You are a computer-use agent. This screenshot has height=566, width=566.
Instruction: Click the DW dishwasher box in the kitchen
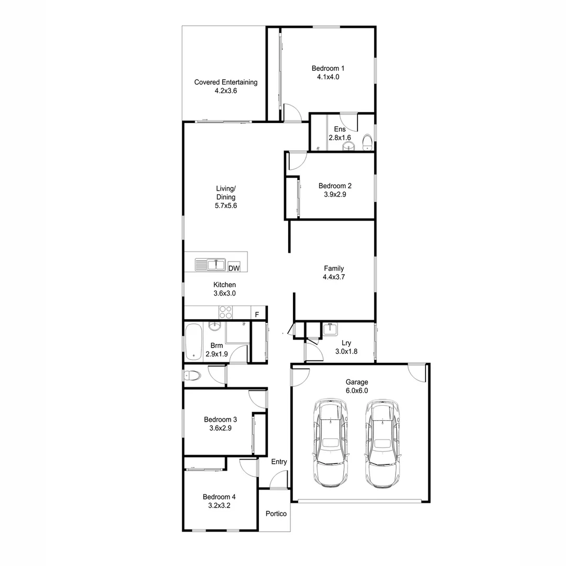tap(234, 268)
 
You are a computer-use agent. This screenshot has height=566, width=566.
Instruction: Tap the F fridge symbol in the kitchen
tap(257, 314)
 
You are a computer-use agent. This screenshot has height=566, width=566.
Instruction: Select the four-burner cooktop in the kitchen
tap(226, 312)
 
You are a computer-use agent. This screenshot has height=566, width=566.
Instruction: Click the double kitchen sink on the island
tap(210, 265)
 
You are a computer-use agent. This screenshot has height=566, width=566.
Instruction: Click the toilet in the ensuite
tap(367, 142)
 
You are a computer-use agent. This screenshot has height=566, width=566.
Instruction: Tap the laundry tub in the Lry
tap(330, 330)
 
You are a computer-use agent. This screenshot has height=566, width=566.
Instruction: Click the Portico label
tap(276, 514)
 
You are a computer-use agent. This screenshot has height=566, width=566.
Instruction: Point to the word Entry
tap(279, 462)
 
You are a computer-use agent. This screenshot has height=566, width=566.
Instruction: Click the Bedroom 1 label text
tap(328, 68)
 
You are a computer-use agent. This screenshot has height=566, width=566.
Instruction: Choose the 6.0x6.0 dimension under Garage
tap(356, 390)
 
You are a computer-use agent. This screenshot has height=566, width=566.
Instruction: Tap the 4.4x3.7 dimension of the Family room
tap(334, 277)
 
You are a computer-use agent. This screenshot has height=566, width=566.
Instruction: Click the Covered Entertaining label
tap(226, 82)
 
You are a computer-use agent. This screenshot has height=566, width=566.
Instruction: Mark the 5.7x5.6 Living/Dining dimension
tap(226, 206)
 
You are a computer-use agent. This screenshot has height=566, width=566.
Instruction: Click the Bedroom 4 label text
tap(220, 497)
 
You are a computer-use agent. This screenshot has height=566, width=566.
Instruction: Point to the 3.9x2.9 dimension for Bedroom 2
tap(335, 194)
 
